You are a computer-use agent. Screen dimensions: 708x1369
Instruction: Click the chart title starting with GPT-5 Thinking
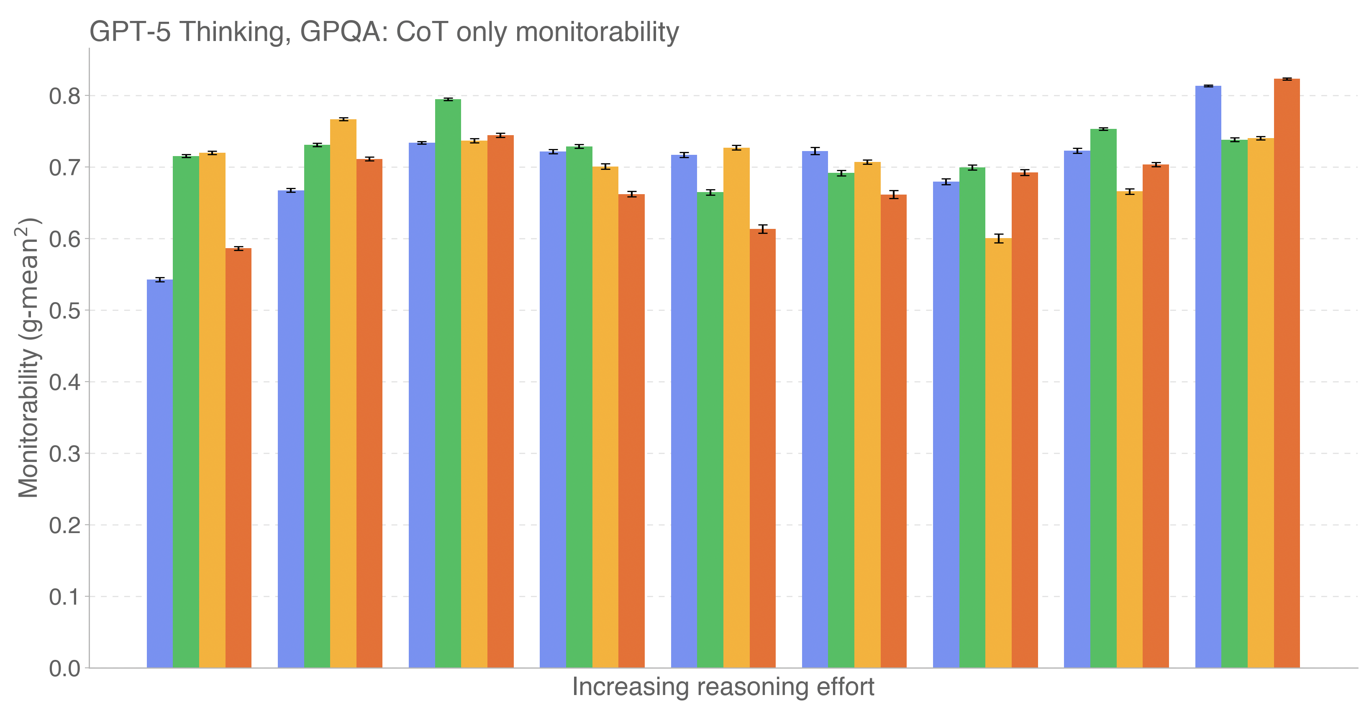(x=384, y=32)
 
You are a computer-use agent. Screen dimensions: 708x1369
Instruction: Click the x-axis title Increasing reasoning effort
(x=723, y=687)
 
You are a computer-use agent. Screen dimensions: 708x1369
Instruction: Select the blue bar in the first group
(x=160, y=473)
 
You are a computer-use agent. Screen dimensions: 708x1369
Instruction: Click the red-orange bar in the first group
(x=238, y=457)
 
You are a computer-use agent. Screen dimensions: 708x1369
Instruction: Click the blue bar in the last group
(x=1208, y=377)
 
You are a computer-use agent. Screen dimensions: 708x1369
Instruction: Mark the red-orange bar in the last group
(x=1287, y=372)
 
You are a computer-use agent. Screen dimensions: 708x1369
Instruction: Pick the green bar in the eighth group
(x=1103, y=399)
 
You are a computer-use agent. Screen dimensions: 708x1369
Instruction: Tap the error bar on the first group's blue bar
(x=160, y=280)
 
